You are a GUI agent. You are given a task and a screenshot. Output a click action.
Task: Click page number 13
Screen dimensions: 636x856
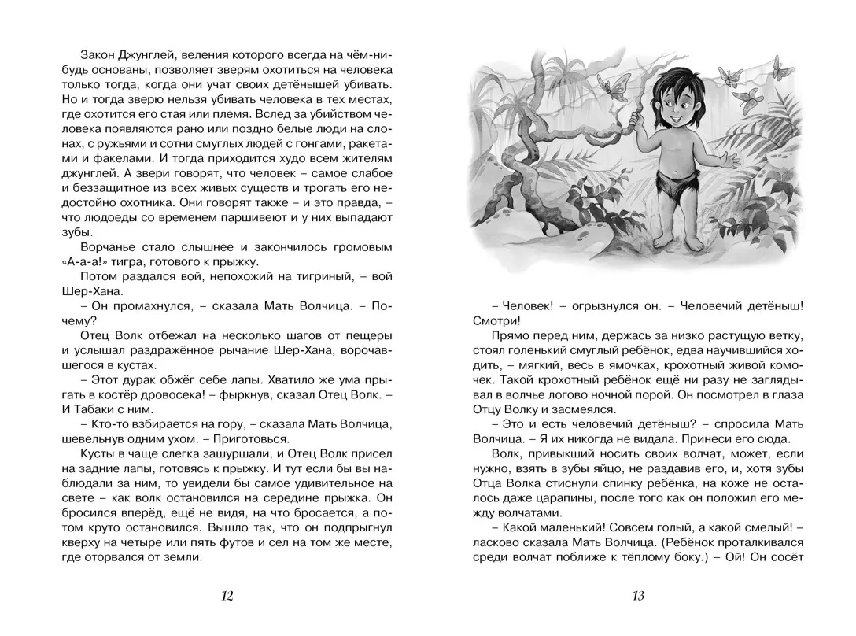coord(638,596)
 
